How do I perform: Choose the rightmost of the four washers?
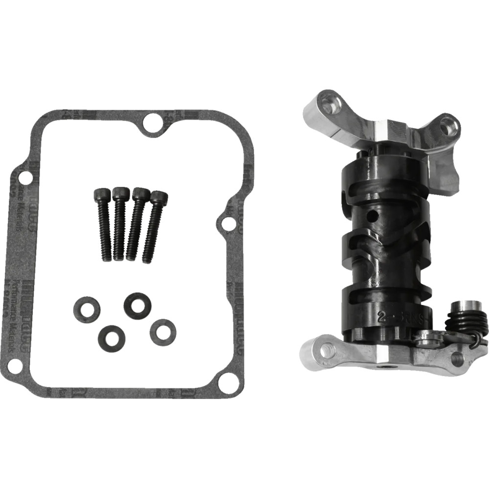(163, 331)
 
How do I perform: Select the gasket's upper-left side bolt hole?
(22, 175)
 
